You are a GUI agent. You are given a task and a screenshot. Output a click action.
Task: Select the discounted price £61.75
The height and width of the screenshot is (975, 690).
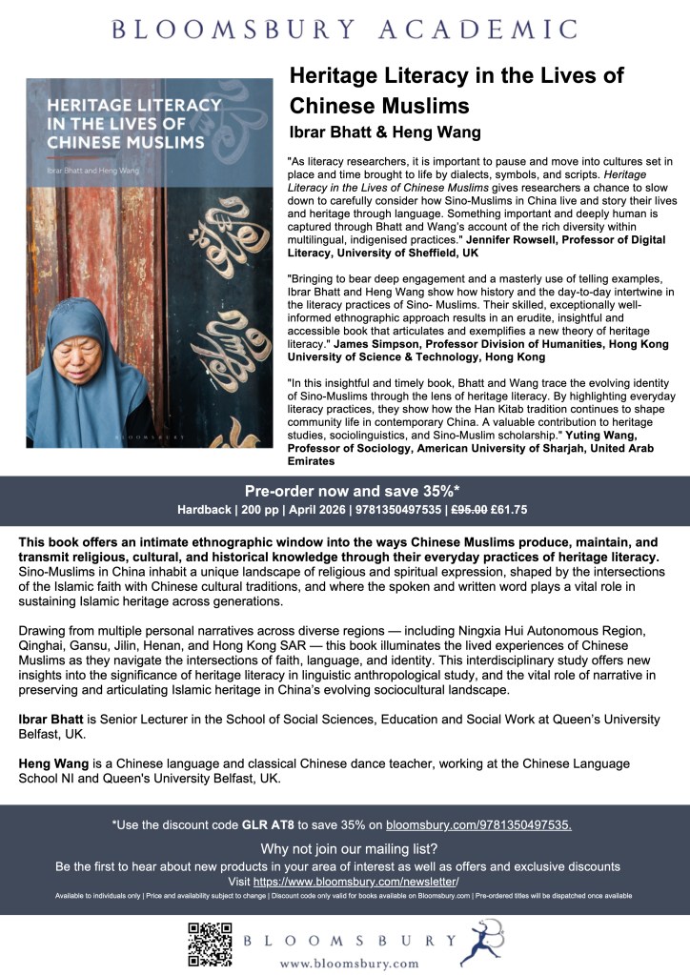pyautogui.click(x=534, y=511)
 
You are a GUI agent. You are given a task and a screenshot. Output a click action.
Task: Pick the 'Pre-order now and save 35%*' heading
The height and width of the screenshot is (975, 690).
pyautogui.click(x=344, y=492)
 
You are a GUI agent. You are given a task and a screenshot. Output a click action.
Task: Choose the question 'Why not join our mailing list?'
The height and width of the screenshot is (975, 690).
pyautogui.click(x=344, y=848)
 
